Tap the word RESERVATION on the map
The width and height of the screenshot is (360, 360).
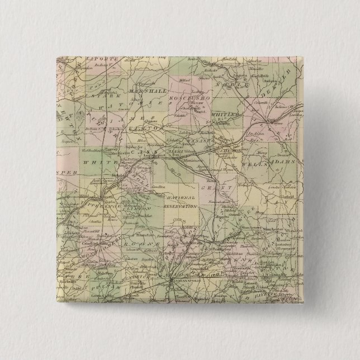[x=180, y=207]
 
